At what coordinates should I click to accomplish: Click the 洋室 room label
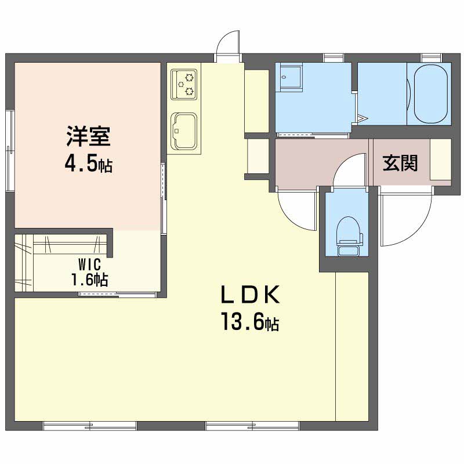click(88, 136)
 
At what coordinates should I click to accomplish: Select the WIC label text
click(90, 264)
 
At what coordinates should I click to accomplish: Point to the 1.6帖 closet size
click(89, 280)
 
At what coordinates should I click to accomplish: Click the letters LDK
click(250, 295)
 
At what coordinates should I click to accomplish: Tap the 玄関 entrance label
click(400, 163)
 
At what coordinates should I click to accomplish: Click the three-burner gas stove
click(184, 84)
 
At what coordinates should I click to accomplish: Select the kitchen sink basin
click(184, 132)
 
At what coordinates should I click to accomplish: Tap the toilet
click(350, 236)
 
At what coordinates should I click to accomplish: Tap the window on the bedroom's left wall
click(10, 150)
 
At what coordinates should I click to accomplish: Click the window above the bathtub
click(432, 57)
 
